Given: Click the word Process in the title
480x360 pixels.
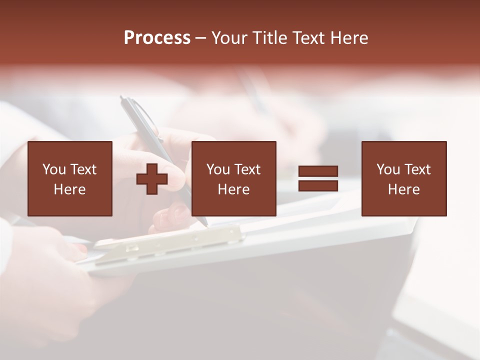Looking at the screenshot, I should [x=157, y=38].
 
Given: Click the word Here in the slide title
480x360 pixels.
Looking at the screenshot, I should [x=350, y=38].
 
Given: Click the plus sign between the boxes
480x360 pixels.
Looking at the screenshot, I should [x=152, y=179].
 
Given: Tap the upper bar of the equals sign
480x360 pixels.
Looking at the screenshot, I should [x=318, y=171].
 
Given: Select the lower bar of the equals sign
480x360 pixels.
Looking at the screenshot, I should [x=318, y=185].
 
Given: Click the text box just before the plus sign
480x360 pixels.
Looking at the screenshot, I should [x=70, y=178].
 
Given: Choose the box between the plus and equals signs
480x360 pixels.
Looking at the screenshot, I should [x=233, y=178].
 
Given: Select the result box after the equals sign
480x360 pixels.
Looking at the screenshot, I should [x=403, y=178].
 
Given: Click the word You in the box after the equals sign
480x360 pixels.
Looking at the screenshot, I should [x=388, y=169].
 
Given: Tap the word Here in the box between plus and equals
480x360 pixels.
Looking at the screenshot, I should [x=233, y=189].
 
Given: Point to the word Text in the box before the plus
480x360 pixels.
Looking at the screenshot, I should [x=82, y=169].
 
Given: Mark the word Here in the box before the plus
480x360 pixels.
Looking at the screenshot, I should [x=70, y=189].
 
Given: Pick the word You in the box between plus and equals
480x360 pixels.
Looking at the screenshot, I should [x=218, y=169].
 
